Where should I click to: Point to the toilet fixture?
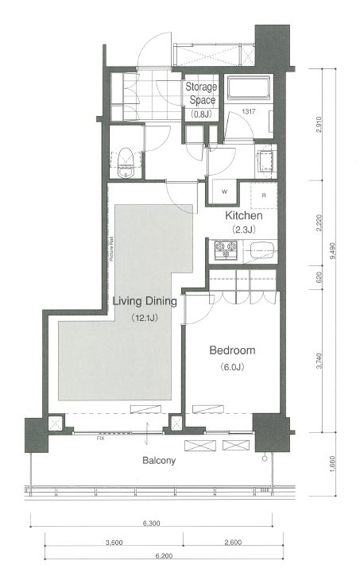[125, 163]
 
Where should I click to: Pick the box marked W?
[224, 191]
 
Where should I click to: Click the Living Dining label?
[144, 301]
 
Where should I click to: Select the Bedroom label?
[232, 350]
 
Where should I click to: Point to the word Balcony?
[160, 460]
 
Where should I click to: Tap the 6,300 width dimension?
[154, 524]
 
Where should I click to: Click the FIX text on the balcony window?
[100, 437]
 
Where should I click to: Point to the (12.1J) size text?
[144, 318]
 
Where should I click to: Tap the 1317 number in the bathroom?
[249, 112]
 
